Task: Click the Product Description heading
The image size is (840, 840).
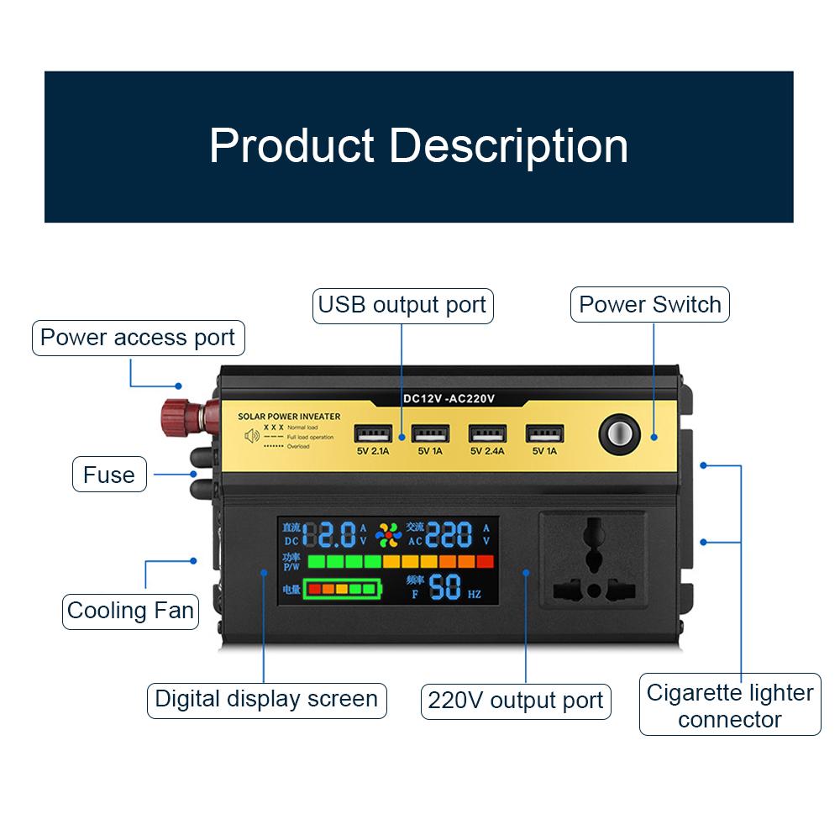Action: tap(418, 145)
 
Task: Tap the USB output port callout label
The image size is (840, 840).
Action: tap(402, 305)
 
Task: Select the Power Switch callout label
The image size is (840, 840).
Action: tap(650, 304)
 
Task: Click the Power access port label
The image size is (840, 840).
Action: tap(138, 338)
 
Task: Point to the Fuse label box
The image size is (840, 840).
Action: tap(109, 475)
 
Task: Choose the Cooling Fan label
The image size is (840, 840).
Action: tap(130, 610)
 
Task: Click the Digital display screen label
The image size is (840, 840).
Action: tap(266, 699)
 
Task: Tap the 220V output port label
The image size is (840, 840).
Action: tap(516, 701)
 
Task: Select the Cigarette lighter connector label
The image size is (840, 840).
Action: tap(730, 706)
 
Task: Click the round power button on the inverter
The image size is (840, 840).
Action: tap(616, 433)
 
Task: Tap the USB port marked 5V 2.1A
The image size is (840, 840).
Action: tap(374, 434)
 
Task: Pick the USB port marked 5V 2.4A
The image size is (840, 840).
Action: tap(488, 434)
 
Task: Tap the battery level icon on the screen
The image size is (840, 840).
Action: tap(341, 589)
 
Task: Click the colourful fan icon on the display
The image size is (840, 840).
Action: tap(388, 534)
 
